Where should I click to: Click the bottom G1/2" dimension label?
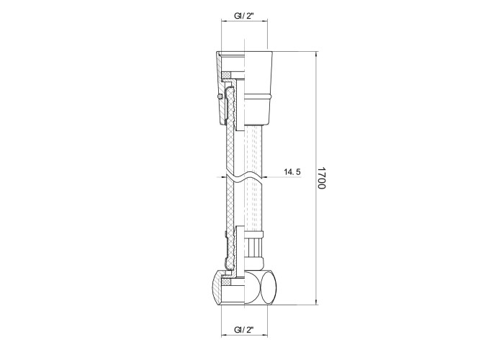click(x=244, y=330)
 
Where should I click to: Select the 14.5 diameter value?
click(x=292, y=172)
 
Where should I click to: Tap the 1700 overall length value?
click(x=321, y=178)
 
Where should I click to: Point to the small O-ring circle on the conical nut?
click(x=220, y=96)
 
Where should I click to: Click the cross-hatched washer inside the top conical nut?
click(x=228, y=75)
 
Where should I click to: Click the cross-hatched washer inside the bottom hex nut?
click(x=228, y=282)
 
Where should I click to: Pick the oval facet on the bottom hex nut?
click(x=268, y=288)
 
